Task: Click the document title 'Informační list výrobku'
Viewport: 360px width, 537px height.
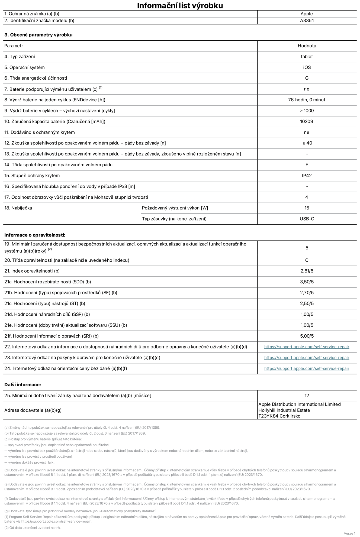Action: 180,5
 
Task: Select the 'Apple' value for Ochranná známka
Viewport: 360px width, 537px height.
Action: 307,14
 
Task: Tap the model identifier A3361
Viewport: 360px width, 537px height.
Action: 307,21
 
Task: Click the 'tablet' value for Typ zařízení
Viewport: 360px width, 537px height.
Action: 307,57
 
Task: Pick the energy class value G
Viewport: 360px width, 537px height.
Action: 307,78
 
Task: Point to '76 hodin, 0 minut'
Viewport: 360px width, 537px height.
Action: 307,100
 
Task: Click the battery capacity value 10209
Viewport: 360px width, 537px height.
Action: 307,121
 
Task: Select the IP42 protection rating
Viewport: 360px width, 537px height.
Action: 307,176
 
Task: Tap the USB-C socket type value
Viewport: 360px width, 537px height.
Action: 307,219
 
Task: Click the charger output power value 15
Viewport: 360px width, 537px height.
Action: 307,208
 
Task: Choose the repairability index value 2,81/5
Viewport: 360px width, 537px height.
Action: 307,271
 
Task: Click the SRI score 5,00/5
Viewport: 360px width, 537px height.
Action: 307,336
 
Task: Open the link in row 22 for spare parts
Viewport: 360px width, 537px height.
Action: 307,347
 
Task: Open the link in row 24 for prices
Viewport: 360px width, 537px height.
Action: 307,368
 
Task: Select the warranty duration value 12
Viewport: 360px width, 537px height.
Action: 307,396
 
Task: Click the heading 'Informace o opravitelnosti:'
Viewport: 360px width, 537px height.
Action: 35,235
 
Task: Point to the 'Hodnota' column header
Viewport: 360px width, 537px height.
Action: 307,46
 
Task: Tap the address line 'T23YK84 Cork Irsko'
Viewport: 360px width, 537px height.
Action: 279,416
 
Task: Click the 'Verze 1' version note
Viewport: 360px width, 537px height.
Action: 349,533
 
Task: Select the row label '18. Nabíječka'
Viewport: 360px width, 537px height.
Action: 18,208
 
